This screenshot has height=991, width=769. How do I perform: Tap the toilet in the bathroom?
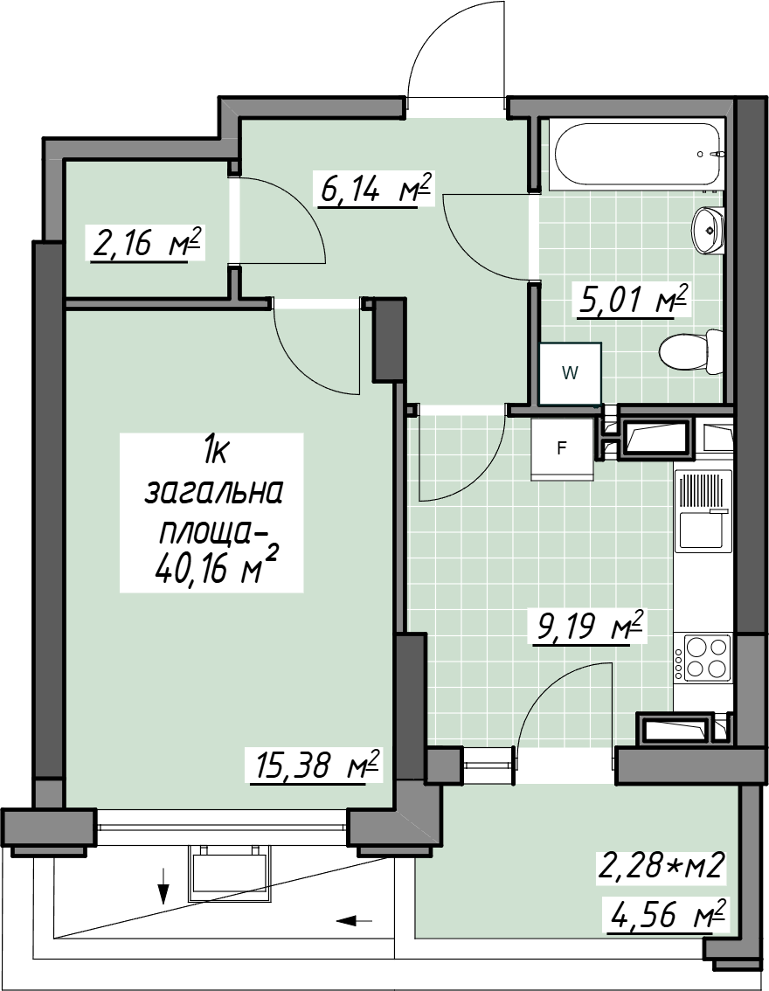coord(690,351)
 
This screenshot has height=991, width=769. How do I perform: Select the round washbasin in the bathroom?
coord(709,230)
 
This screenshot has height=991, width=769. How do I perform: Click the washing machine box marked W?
coord(570,373)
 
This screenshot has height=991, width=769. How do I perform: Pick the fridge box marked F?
coord(562,448)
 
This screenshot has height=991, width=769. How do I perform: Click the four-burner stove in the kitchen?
coord(702,658)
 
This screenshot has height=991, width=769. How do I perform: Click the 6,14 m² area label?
coord(376,189)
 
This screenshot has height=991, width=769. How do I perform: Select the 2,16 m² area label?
coord(146,244)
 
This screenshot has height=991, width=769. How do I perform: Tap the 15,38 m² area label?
coord(315,766)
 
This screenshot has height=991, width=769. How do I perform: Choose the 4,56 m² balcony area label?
coord(668,915)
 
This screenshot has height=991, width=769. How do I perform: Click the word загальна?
coord(213,494)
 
